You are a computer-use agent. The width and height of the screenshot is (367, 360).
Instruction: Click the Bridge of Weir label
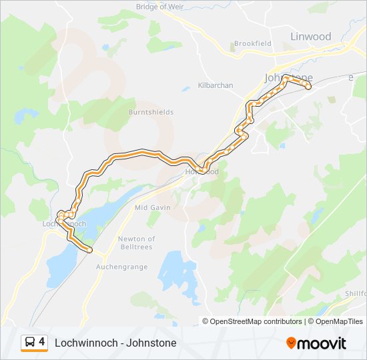tap(159, 7)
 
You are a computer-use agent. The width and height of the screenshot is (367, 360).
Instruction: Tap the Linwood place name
tap(310, 37)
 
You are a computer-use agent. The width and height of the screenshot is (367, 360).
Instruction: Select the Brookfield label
tap(252, 44)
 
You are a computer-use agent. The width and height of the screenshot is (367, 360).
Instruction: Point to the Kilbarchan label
tap(216, 85)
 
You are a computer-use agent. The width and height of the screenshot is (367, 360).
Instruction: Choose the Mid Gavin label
tap(152, 207)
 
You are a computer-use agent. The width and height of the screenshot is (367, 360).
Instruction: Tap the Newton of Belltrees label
tap(136, 243)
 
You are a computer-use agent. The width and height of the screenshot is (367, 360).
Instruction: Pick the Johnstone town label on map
tap(288, 77)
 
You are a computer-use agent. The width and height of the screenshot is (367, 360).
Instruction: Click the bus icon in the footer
tap(30, 343)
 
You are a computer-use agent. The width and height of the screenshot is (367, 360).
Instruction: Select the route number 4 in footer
tap(42, 342)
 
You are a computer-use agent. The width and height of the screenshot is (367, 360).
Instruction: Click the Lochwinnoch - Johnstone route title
tap(115, 343)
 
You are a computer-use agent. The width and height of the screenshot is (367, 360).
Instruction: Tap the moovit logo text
tap(323, 343)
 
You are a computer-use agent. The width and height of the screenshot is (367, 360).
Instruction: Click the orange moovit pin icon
tap(292, 343)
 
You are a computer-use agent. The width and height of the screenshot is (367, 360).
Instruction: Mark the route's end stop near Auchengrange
tap(89, 250)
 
